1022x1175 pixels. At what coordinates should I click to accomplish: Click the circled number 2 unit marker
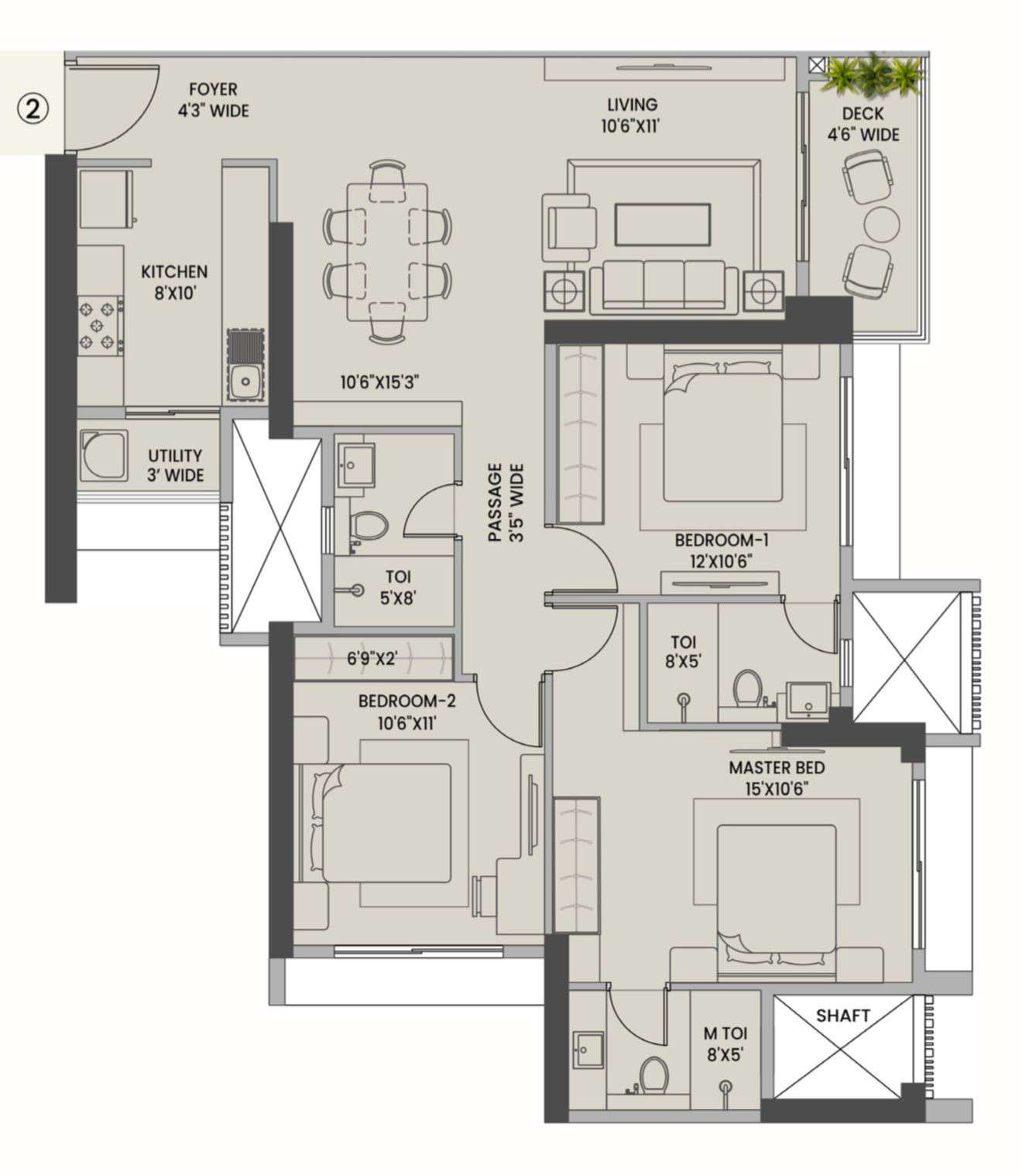(33, 109)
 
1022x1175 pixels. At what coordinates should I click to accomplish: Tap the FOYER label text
(213, 90)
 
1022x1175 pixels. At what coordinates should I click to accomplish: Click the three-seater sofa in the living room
(664, 287)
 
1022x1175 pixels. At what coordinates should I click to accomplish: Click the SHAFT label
(842, 1015)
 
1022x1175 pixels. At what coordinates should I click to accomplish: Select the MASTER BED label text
(776, 768)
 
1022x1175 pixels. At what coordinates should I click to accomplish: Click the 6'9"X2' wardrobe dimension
(372, 659)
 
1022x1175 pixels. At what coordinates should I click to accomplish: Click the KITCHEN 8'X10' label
(174, 282)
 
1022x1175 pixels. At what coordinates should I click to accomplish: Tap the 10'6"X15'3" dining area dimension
(379, 382)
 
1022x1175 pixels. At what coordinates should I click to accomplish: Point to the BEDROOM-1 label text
(721, 540)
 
